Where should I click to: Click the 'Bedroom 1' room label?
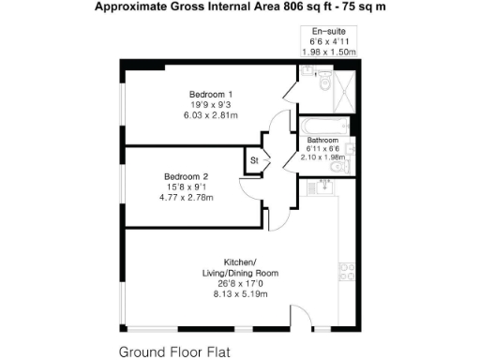click(x=211, y=95)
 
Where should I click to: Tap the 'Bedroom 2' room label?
click(x=185, y=176)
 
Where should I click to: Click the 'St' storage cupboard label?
click(x=253, y=160)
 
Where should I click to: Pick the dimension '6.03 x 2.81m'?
click(x=211, y=116)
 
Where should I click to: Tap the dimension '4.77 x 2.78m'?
click(x=185, y=198)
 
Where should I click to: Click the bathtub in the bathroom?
click(x=322, y=125)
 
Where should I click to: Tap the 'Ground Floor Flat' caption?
click(x=173, y=352)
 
